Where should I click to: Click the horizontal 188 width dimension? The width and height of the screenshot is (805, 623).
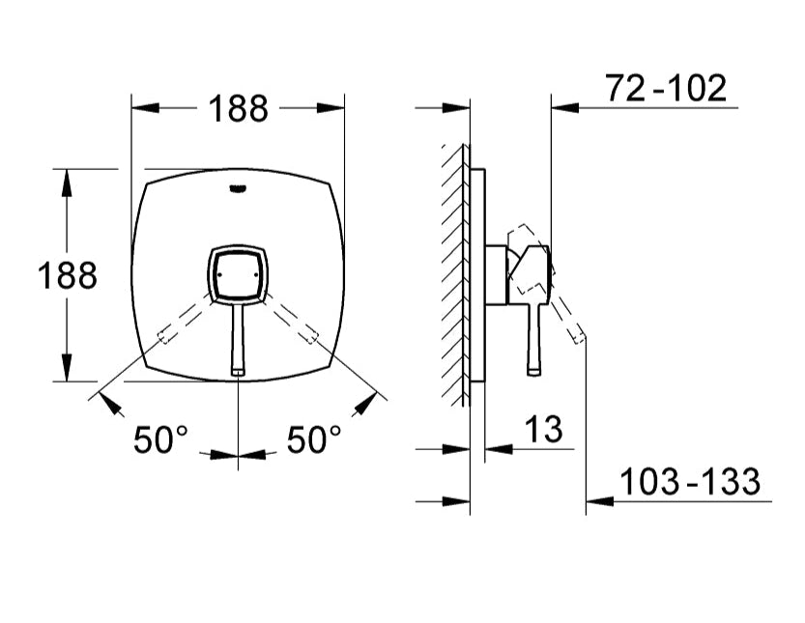point(239,109)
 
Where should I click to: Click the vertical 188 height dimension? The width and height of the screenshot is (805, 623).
point(68,276)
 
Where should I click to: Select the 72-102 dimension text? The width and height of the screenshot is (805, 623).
point(666,89)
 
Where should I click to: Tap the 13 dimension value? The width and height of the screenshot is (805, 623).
point(544,430)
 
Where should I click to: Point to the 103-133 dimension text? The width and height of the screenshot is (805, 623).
point(689,481)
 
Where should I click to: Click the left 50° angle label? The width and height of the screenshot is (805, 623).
point(160,440)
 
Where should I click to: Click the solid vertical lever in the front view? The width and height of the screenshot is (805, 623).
point(239,338)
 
